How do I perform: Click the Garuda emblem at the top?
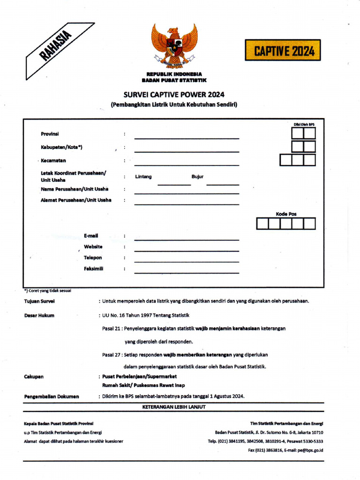coord(174,46)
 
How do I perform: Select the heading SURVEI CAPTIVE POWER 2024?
coord(174,94)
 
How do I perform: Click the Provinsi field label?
coord(50,134)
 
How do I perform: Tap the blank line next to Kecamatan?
coord(187,165)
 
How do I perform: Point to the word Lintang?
coord(143,177)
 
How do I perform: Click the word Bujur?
coord(197,177)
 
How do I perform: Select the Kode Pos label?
coord(286,214)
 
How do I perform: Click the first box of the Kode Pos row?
coord(262,224)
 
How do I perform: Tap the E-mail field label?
coord(91,236)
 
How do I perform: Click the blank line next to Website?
coord(187,251)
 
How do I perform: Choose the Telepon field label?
coord(93,257)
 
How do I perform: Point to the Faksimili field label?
coord(93,269)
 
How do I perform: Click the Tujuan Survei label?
coord(39,301)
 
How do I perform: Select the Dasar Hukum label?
coord(39,315)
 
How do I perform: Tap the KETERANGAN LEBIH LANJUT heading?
coord(174,407)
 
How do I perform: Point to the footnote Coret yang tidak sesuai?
coord(48,291)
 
